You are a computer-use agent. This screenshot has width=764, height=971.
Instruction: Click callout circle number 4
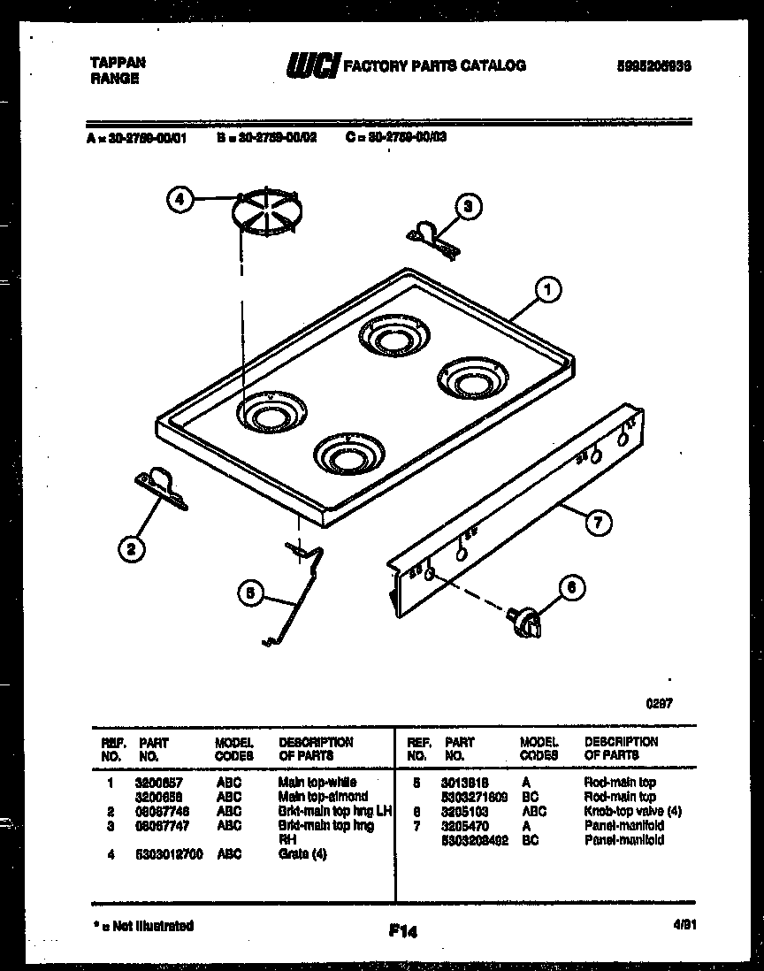coord(180,200)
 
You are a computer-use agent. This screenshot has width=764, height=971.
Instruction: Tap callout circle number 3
coord(469,208)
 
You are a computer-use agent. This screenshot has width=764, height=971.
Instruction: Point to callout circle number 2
coord(131,549)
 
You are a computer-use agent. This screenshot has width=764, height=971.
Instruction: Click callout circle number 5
coord(250,595)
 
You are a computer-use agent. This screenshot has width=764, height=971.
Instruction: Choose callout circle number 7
coord(597,523)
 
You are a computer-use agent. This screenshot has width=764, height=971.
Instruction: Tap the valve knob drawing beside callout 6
coord(523,622)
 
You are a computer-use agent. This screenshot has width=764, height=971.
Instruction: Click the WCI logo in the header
coord(311,66)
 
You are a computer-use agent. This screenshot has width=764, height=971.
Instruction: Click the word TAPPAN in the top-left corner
coord(117,63)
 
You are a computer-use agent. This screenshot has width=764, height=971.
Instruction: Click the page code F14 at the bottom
coord(401,930)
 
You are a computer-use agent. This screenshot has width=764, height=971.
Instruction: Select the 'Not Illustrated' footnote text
coord(143,926)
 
